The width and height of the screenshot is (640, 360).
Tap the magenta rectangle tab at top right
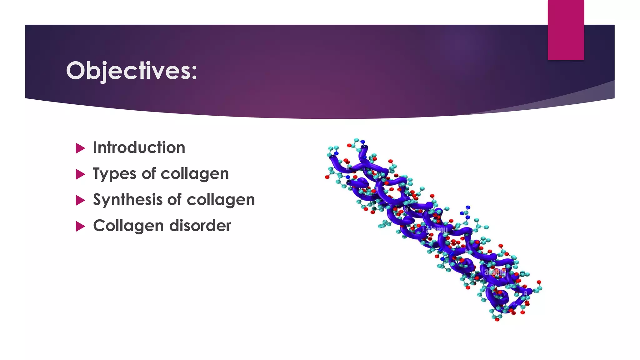(566, 30)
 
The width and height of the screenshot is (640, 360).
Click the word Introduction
(139, 147)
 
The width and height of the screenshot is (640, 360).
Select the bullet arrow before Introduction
(80, 148)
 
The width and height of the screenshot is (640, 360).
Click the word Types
(114, 174)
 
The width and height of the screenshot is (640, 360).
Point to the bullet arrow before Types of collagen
(80, 174)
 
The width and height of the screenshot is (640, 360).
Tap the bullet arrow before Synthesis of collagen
(80, 200)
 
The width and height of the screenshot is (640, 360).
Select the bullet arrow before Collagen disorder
(80, 226)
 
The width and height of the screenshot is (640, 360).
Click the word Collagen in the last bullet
(128, 226)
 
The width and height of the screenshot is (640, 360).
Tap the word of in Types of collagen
(149, 174)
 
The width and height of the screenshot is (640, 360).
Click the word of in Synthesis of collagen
(174, 200)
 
